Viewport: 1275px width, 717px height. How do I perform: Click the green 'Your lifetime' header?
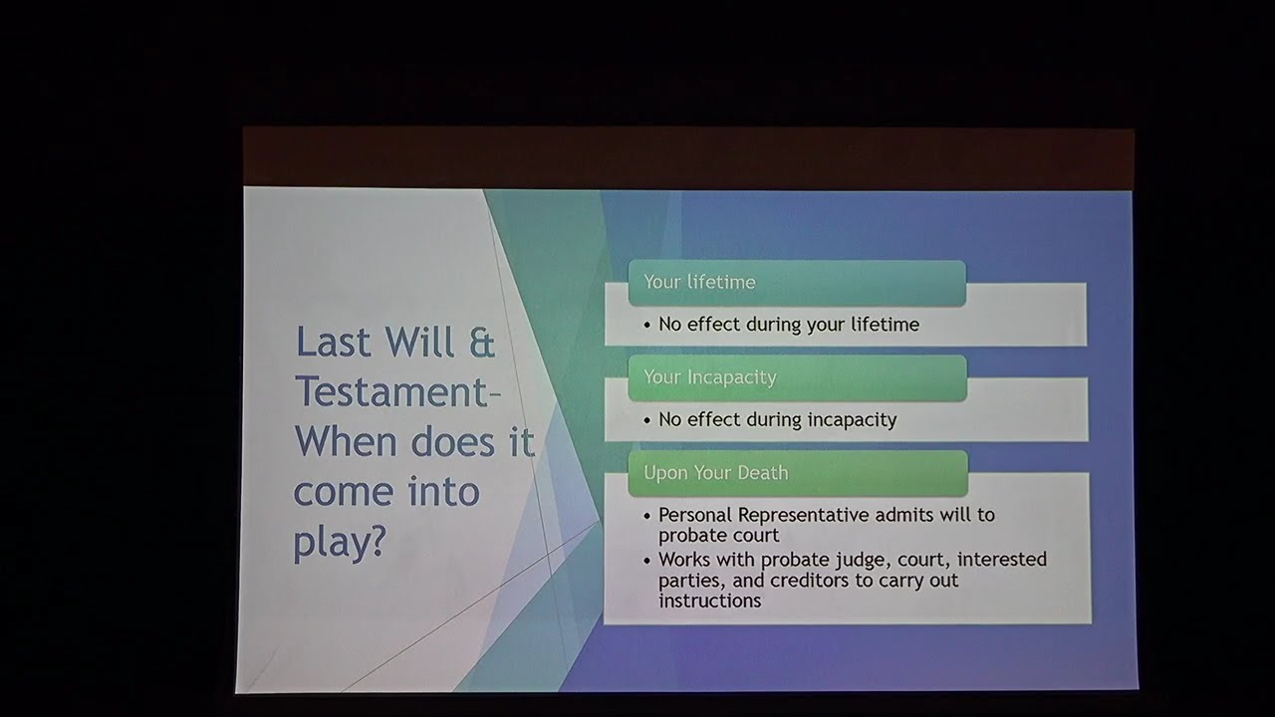pyautogui.click(x=797, y=283)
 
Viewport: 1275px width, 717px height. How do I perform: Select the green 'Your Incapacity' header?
pyautogui.click(x=797, y=377)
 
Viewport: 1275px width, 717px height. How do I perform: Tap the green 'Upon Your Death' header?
pyautogui.click(x=797, y=473)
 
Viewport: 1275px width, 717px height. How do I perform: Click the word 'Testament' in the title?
pyautogui.click(x=390, y=391)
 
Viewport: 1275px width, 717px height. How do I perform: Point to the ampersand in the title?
pyautogui.click(x=481, y=342)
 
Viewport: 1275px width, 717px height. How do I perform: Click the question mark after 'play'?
pyautogui.click(x=376, y=541)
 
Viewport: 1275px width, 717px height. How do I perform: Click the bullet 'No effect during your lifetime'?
pyautogui.click(x=788, y=325)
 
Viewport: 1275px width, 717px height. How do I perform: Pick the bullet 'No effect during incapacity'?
pyautogui.click(x=777, y=420)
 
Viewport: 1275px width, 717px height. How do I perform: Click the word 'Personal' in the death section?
pyautogui.click(x=695, y=515)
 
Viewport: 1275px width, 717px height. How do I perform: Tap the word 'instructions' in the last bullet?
pyautogui.click(x=709, y=600)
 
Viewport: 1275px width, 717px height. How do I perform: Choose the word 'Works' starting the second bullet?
pyautogui.click(x=683, y=559)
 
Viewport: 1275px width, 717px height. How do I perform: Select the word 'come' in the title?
pyautogui.click(x=343, y=491)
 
